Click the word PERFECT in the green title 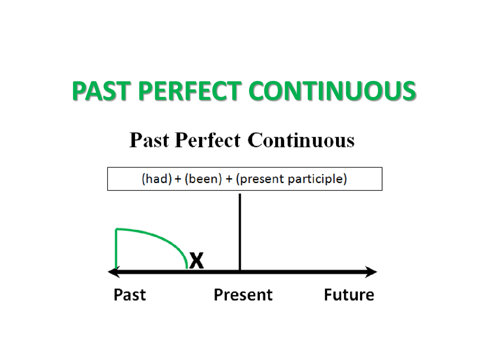[190, 91]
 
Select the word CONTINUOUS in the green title [332, 91]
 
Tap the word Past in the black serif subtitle [149, 140]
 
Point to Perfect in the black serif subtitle [207, 140]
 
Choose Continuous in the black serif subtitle [301, 140]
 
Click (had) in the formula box [157, 179]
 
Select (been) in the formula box [203, 179]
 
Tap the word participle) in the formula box [317, 179]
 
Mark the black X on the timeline [196, 260]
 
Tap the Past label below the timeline [130, 295]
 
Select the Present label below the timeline [243, 295]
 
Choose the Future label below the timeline [349, 295]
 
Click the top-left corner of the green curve [116, 229]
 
